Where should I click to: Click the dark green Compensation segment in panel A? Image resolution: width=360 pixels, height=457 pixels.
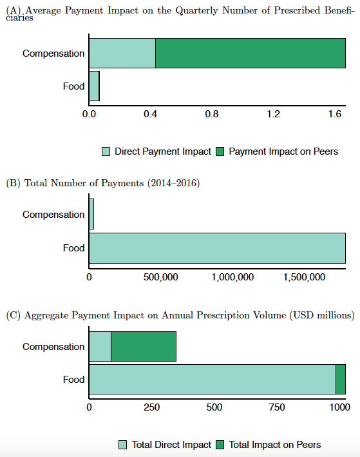(251, 53)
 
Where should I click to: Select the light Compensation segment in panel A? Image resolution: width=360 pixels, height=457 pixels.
(122, 53)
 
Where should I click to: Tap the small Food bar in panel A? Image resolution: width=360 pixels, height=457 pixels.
(94, 86)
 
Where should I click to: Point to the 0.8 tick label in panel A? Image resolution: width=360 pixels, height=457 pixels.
(212, 114)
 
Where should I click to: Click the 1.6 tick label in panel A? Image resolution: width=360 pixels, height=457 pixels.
(335, 114)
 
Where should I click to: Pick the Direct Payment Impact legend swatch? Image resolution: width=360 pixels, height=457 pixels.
(106, 151)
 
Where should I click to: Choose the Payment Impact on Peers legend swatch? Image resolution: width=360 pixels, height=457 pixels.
(220, 151)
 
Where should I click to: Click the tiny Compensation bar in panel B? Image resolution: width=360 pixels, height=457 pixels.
(91, 214)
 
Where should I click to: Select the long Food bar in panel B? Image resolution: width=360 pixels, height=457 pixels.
(217, 248)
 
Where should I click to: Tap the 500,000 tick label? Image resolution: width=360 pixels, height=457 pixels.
(161, 277)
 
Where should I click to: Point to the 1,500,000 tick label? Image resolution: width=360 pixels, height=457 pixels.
(304, 277)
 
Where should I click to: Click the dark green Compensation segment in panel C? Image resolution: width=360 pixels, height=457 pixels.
(144, 346)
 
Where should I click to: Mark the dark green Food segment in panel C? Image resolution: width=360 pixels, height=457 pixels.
(341, 379)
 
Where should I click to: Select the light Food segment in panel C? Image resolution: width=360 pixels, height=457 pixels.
(213, 379)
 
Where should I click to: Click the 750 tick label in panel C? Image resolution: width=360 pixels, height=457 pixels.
(277, 407)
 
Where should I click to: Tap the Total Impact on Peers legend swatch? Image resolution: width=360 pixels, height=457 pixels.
(220, 445)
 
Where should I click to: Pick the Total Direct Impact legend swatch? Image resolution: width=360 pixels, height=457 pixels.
(122, 445)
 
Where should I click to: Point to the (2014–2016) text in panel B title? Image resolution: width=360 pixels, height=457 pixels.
(174, 183)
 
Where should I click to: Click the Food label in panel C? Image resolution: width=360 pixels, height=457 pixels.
(73, 380)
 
